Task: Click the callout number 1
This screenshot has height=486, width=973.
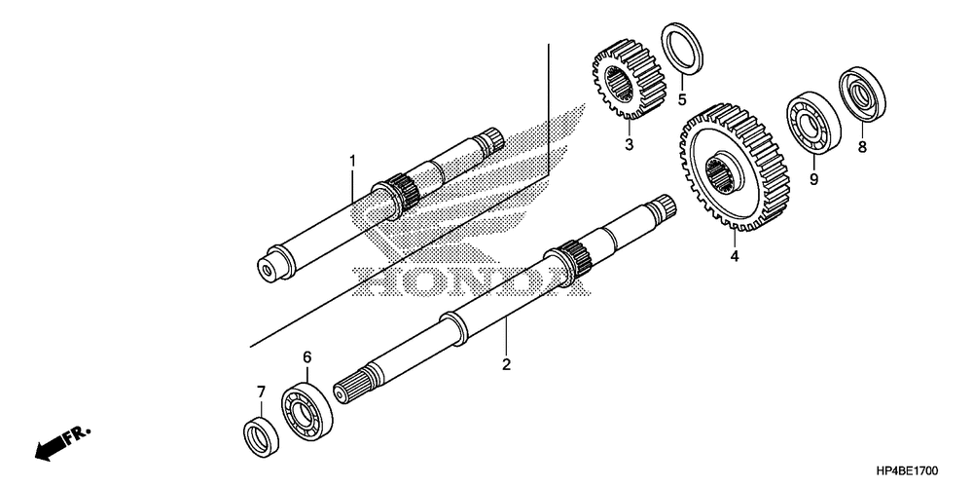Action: click(x=353, y=160)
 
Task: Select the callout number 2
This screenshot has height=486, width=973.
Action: click(x=506, y=365)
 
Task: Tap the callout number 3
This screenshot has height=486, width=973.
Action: click(x=629, y=145)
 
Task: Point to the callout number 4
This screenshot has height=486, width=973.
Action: click(x=735, y=257)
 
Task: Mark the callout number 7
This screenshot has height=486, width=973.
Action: click(x=260, y=392)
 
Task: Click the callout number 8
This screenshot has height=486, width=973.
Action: click(x=861, y=148)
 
